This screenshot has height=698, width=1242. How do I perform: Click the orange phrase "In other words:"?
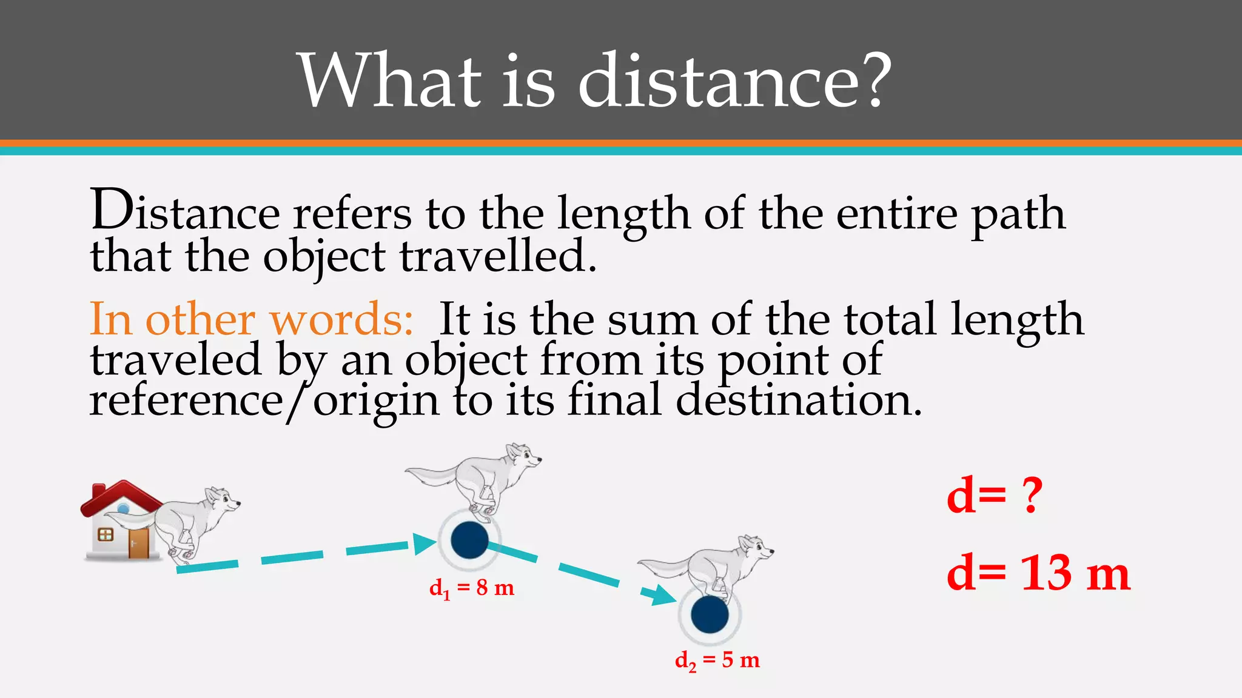click(252, 319)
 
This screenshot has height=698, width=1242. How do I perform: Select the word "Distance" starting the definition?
click(185, 212)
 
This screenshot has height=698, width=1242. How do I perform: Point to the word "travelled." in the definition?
click(498, 256)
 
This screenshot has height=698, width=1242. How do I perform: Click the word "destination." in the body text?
click(799, 401)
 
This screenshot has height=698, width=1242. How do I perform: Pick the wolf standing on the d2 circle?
click(710, 567)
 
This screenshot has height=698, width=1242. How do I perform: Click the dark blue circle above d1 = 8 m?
click(469, 540)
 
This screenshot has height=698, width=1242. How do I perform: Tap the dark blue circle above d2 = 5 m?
click(710, 614)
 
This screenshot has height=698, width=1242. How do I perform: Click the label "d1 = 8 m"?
click(471, 588)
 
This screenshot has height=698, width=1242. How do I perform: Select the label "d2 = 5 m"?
click(717, 660)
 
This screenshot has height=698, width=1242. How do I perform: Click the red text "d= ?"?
click(995, 495)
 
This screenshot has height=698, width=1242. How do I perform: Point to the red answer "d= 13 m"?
click(1038, 573)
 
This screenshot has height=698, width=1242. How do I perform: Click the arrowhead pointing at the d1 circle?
click(424, 543)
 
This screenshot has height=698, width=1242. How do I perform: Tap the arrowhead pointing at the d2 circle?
click(660, 595)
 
